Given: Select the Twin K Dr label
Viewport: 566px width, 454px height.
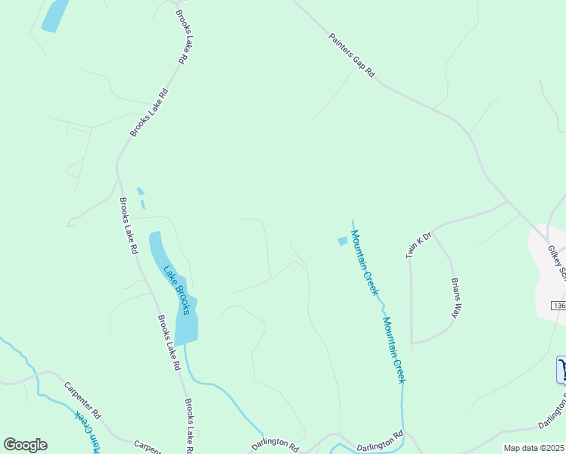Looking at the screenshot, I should (x=418, y=245).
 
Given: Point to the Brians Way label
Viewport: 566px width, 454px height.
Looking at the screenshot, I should (x=456, y=297).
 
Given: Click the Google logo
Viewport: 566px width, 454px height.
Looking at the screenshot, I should (x=25, y=445).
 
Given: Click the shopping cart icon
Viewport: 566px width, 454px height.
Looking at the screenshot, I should (x=561, y=370).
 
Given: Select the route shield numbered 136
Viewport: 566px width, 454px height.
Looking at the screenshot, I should (x=558, y=306).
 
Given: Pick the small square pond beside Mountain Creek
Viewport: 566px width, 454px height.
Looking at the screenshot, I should (x=342, y=241).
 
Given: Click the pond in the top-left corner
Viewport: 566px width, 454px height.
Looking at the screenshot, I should (x=54, y=15).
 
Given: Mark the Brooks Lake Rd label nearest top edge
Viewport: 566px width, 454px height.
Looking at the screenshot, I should (x=182, y=36).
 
